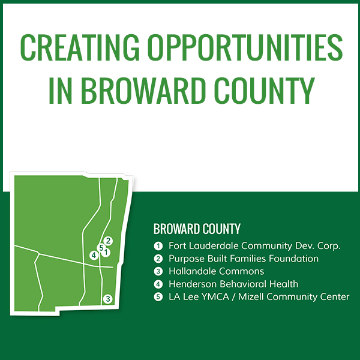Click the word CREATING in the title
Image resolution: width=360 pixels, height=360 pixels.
[x=80, y=47]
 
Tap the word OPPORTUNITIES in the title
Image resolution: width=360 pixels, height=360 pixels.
[x=245, y=47]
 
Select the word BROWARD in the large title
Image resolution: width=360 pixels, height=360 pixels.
[x=143, y=91]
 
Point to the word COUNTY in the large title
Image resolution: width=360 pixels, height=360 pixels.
[x=264, y=91]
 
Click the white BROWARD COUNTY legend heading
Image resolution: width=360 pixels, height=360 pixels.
[x=197, y=229]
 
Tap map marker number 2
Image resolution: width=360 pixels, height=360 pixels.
[x=108, y=241]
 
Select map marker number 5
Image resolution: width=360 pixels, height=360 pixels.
[x=101, y=248]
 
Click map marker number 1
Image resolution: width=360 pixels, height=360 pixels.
[x=106, y=253]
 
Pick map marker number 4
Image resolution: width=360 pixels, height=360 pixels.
[x=94, y=256]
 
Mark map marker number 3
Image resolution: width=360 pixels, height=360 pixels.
[x=108, y=299]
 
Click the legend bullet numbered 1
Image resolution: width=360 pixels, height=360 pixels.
[x=158, y=246]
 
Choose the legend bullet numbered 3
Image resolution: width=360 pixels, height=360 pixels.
[x=158, y=272]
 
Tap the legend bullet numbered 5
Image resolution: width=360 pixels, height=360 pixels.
[x=158, y=297]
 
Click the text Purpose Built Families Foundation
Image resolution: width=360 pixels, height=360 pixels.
[x=244, y=259]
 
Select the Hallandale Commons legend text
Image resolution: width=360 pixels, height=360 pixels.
[x=216, y=271]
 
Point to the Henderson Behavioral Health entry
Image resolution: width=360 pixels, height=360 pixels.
[x=233, y=284]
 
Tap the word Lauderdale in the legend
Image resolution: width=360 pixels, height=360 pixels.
[x=214, y=246]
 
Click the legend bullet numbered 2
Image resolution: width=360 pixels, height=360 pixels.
[x=158, y=259]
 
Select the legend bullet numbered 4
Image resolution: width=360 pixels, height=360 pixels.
[x=158, y=284]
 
